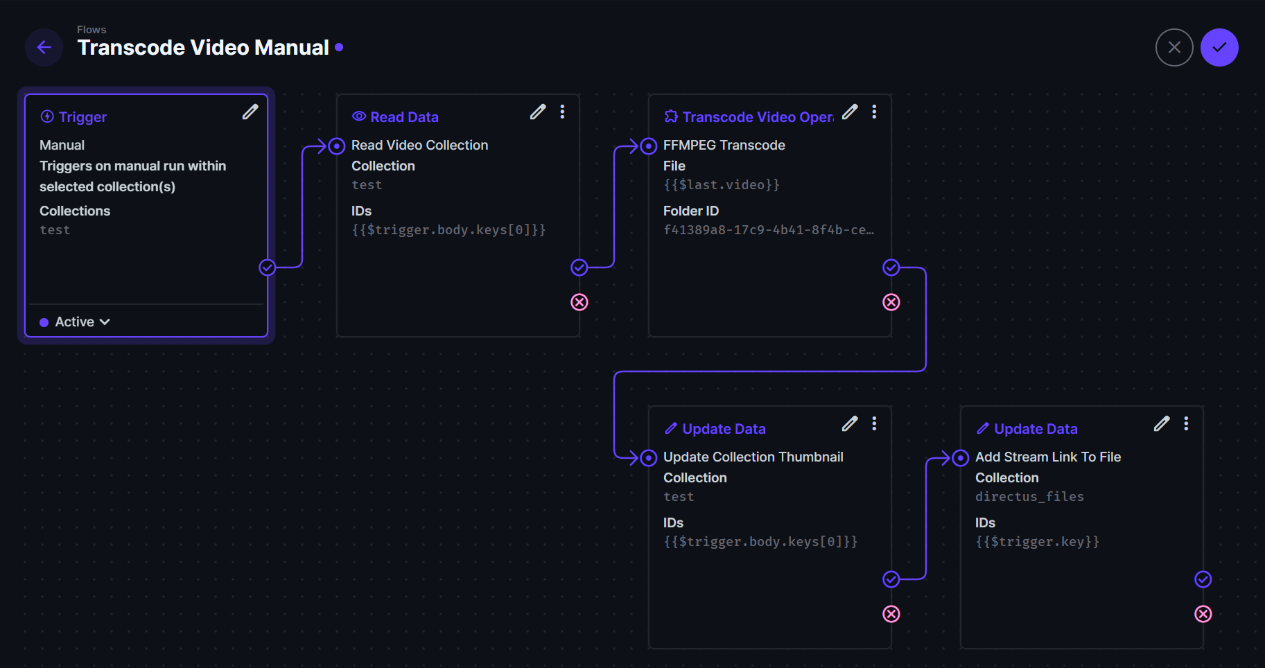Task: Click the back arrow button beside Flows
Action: coord(44,47)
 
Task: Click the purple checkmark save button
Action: coord(1219,47)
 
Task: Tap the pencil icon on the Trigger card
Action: coord(250,112)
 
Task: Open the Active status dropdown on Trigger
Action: coord(76,322)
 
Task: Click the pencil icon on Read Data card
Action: coord(538,112)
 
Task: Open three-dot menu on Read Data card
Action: coord(562,112)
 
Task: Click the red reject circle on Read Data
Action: coord(579,302)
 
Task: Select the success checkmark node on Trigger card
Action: coord(268,267)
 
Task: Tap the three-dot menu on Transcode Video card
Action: coord(874,112)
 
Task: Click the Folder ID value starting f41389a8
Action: coord(768,230)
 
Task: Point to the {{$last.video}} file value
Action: coord(721,185)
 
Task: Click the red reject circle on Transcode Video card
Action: coord(891,302)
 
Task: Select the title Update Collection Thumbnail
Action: coord(753,457)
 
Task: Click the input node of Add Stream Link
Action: coord(961,458)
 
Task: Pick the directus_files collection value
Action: coord(1029,497)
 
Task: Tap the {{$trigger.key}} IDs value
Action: coord(1037,542)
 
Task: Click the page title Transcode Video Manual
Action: coord(203,47)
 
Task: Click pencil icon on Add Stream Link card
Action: coord(1162,423)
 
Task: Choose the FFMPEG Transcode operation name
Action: coord(724,145)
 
